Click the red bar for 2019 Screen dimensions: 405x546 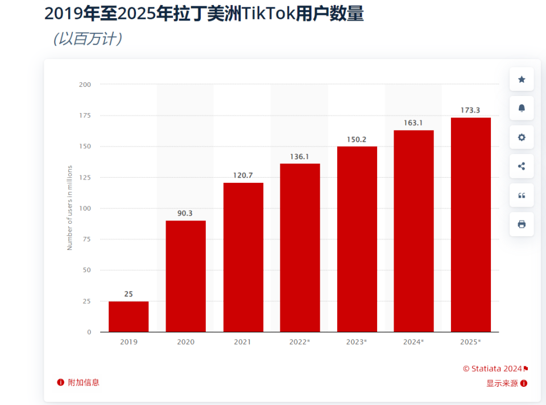(129, 316)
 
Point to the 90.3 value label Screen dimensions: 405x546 (185, 213)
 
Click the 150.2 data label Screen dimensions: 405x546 (357, 139)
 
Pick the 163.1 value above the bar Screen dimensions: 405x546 (413, 123)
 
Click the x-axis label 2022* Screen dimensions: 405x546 (300, 342)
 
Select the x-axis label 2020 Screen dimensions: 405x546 (185, 342)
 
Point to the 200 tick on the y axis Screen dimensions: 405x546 (85, 85)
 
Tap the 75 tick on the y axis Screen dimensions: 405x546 (86, 239)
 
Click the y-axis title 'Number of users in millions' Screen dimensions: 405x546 (70, 207)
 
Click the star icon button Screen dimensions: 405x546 (522, 80)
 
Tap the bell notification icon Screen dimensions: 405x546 (522, 108)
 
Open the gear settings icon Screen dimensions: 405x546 (522, 137)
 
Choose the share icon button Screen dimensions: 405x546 (522, 166)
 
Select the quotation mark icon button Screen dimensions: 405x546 (522, 195)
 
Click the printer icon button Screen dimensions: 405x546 (522, 224)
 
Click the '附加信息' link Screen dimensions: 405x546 (83, 382)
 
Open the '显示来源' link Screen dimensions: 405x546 (502, 383)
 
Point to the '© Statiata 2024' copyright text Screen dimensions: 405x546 (492, 369)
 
